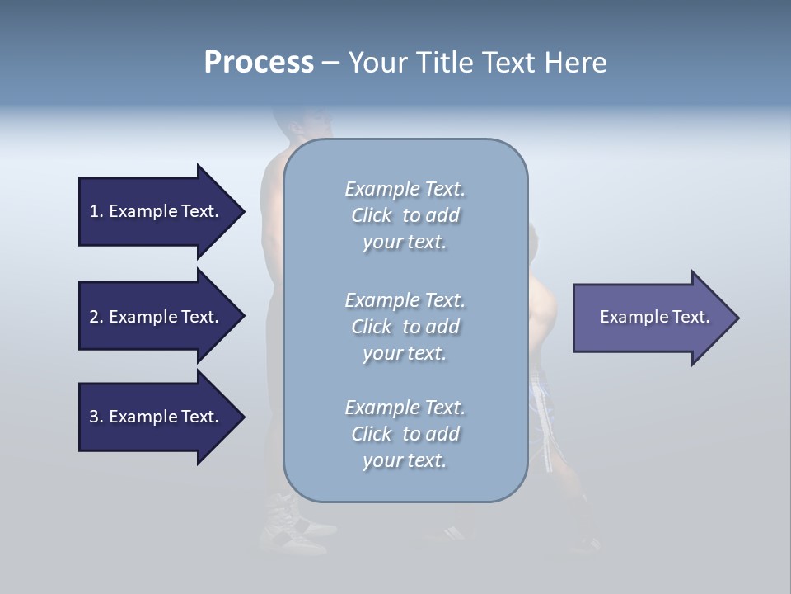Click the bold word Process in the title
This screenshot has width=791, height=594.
click(x=259, y=63)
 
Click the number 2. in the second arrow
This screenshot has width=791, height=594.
click(x=96, y=317)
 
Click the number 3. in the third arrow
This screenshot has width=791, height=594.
click(x=96, y=417)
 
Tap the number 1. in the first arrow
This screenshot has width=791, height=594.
click(x=96, y=211)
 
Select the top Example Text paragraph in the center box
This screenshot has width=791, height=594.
click(x=405, y=215)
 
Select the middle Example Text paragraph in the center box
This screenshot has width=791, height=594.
click(x=405, y=327)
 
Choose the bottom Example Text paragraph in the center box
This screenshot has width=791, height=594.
click(x=405, y=434)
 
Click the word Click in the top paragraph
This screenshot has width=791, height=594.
click(x=372, y=215)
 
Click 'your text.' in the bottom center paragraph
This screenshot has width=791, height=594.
click(x=405, y=460)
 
